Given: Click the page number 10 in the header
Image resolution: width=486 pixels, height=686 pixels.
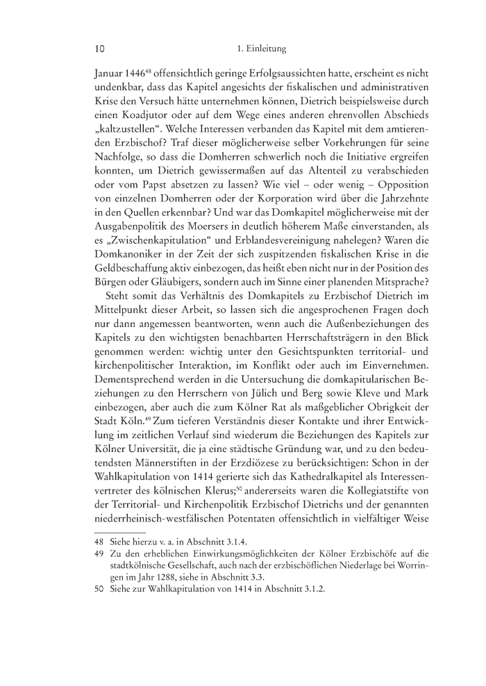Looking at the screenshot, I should (x=99, y=49).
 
